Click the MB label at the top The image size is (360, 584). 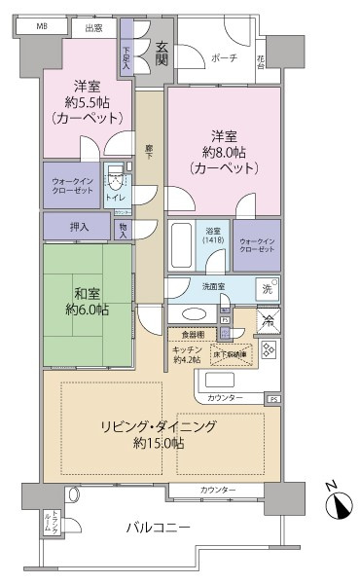[42, 26]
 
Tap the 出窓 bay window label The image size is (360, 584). [93, 28]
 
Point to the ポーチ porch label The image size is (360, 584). [222, 58]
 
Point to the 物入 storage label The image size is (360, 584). [123, 230]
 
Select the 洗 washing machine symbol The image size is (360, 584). [266, 288]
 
